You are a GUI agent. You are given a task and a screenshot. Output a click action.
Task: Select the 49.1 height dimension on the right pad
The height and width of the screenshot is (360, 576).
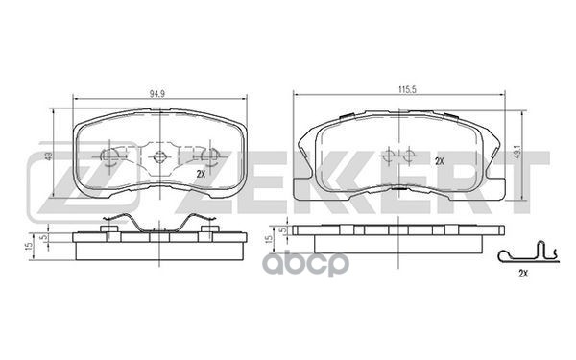pyautogui.click(x=516, y=152)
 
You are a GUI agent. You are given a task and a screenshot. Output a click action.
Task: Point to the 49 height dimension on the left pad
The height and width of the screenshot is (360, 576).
pyautogui.click(x=48, y=156)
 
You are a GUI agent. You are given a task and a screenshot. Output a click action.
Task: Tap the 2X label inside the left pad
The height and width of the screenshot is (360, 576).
pyautogui.click(x=201, y=175)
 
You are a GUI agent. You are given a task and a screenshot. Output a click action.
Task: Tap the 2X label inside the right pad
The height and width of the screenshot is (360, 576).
pyautogui.click(x=440, y=161)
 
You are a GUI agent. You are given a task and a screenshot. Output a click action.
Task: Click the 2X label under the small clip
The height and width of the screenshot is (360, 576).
pyautogui.click(x=523, y=274)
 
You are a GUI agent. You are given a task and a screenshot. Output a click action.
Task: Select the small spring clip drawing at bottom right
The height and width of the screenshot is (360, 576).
pyautogui.click(x=528, y=252)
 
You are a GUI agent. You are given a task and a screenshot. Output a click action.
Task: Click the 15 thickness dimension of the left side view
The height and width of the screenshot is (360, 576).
pyautogui.click(x=27, y=246)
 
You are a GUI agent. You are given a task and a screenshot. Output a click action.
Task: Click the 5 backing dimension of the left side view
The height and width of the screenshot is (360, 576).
pyautogui.click(x=44, y=238)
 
